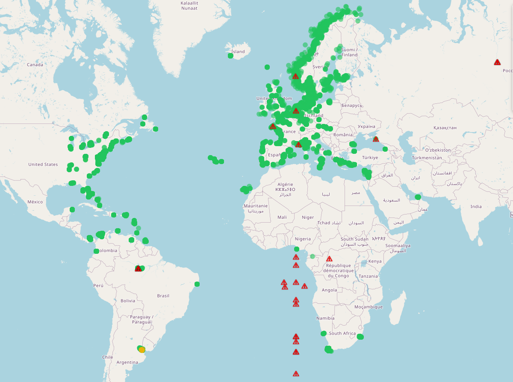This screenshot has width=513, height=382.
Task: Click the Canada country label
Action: [x=35, y=65]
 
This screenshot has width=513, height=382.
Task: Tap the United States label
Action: [x=43, y=165]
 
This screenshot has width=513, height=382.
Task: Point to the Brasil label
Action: [x=163, y=296]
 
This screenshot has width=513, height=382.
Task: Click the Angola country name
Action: [x=329, y=290]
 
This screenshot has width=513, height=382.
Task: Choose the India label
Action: [x=476, y=206]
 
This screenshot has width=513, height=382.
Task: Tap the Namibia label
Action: [x=325, y=318]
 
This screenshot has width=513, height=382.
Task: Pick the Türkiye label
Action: [x=370, y=158]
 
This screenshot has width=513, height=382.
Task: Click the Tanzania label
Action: [x=368, y=276]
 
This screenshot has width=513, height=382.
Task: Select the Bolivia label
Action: [x=128, y=301]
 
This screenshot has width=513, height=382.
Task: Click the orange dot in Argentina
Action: [x=142, y=350]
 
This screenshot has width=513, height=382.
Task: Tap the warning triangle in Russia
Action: [x=497, y=62]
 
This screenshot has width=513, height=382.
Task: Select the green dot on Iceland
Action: [x=231, y=56]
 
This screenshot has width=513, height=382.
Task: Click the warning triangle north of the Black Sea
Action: [x=376, y=139]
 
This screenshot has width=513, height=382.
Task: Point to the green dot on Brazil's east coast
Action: [x=197, y=284]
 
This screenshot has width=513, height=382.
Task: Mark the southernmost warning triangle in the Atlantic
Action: [x=296, y=374]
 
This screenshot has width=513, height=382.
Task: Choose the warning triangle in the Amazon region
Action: [x=138, y=269]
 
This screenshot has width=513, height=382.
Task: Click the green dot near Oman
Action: [x=418, y=197]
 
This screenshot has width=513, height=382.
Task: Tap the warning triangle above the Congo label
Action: [x=329, y=259]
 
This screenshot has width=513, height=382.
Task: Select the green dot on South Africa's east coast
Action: [x=360, y=337]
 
